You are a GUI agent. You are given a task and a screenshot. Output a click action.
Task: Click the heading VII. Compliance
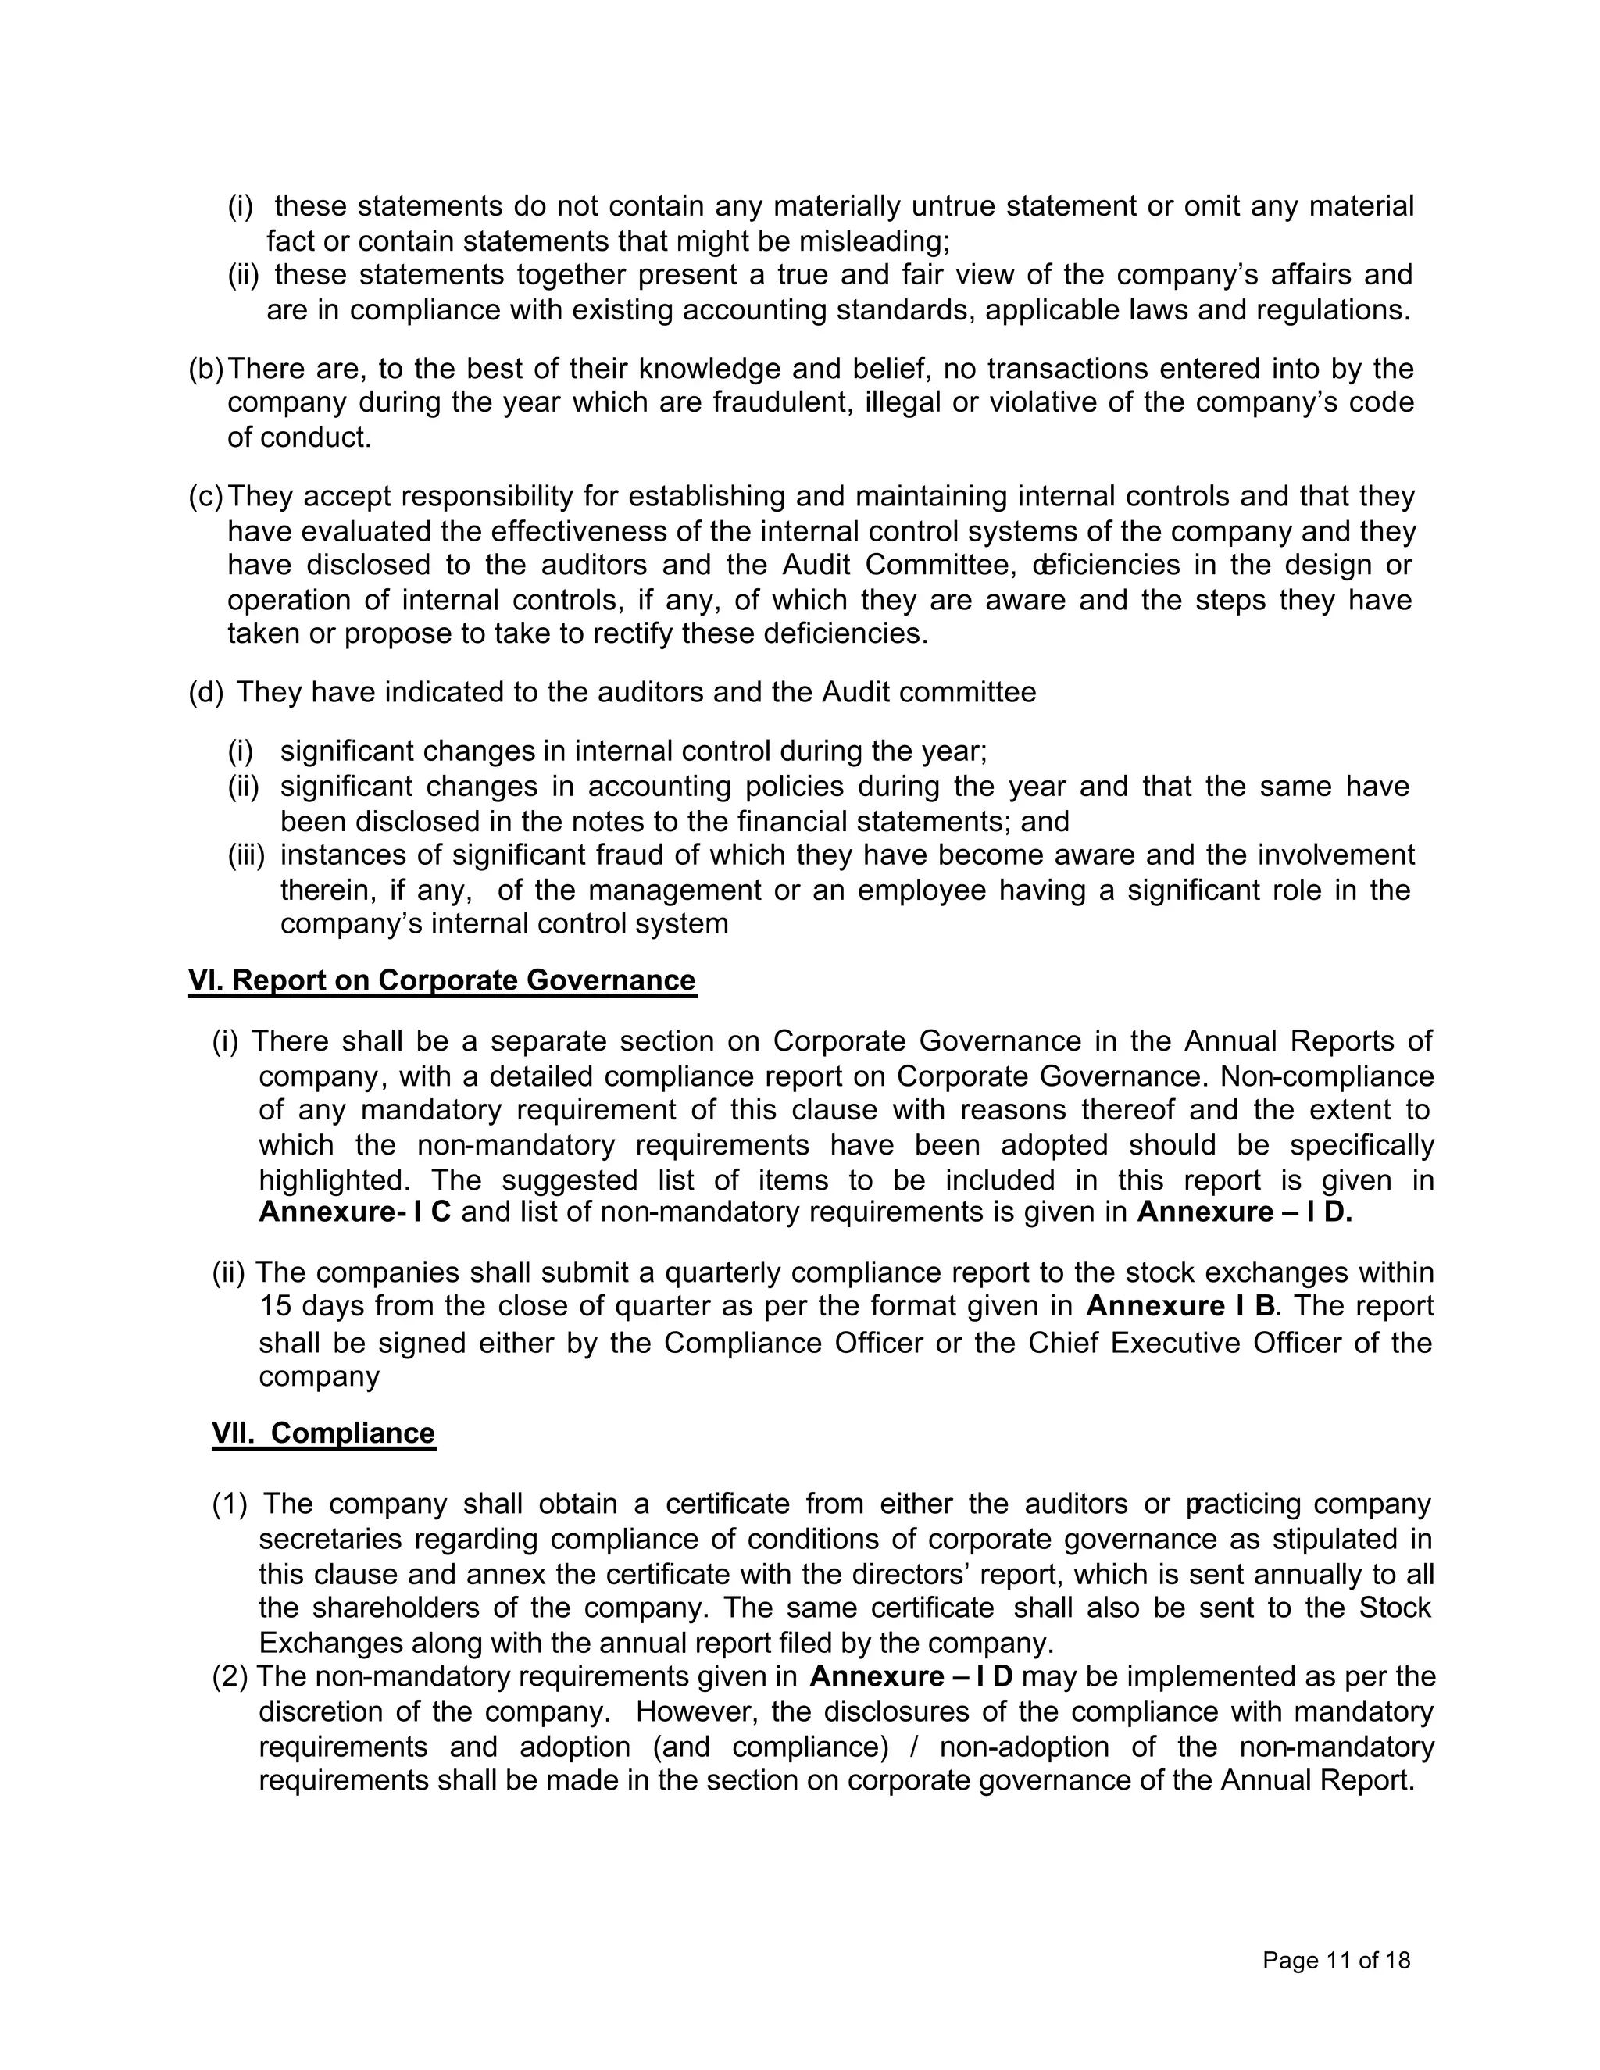[x=323, y=1433]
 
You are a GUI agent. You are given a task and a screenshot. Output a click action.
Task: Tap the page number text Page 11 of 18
[x=1335, y=1960]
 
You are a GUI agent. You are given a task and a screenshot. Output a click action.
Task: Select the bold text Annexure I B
[x=1180, y=1306]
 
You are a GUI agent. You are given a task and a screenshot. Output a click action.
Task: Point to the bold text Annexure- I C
[x=355, y=1212]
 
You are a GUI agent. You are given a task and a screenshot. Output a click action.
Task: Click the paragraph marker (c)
[x=205, y=497]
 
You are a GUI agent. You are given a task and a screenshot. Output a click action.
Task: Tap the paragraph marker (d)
[x=205, y=693]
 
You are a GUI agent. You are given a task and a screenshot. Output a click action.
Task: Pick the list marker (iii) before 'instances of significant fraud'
[x=245, y=856]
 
